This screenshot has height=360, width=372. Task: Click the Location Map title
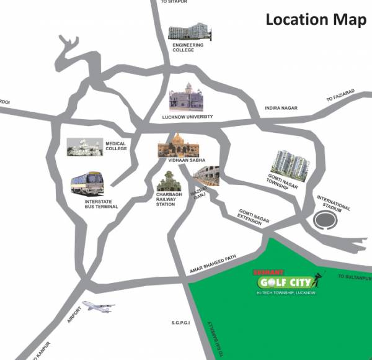316,19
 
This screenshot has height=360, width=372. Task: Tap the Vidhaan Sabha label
182,160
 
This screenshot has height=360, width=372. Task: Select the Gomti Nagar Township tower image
289,163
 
